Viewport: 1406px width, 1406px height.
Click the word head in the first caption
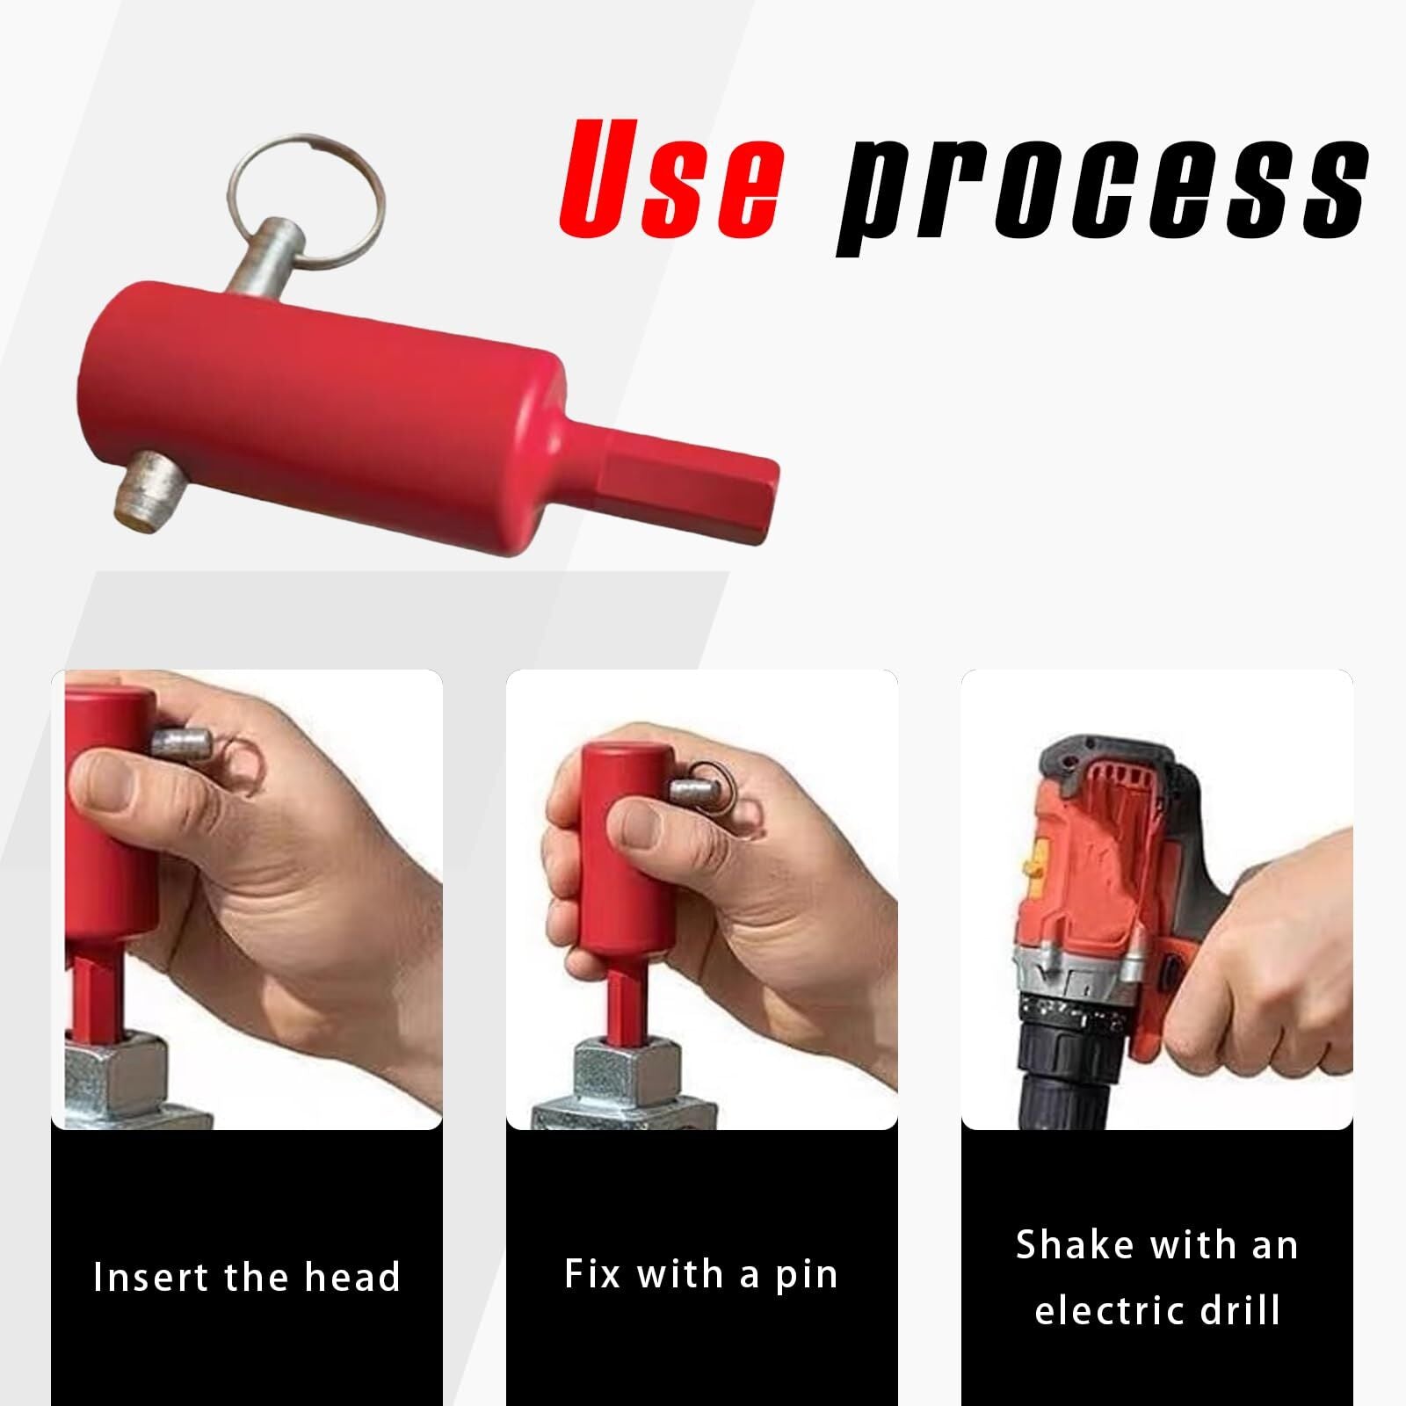pyautogui.click(x=351, y=1277)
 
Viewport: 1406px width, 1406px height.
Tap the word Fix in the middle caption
pyautogui.click(x=592, y=1274)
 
